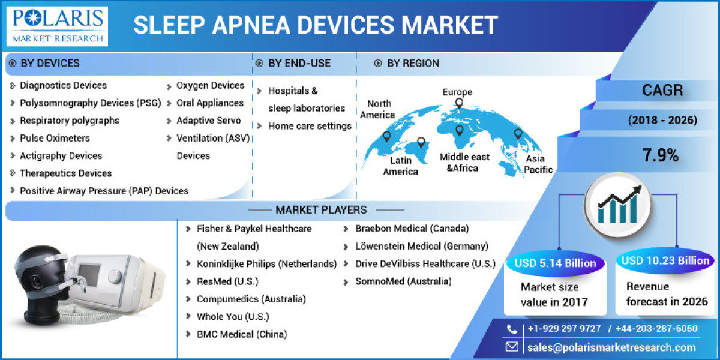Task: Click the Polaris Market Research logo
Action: [58, 26]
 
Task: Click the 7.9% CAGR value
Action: [661, 156]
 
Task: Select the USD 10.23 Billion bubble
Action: [665, 260]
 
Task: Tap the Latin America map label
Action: [400, 166]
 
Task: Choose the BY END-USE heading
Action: [299, 63]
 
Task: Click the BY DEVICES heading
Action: [50, 63]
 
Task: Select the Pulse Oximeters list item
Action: [55, 138]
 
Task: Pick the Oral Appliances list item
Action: [209, 103]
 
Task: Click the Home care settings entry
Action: [310, 126]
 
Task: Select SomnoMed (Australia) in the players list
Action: [403, 281]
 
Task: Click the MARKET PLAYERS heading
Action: [321, 210]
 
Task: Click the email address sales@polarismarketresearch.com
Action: [611, 347]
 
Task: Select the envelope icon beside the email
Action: [512, 347]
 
